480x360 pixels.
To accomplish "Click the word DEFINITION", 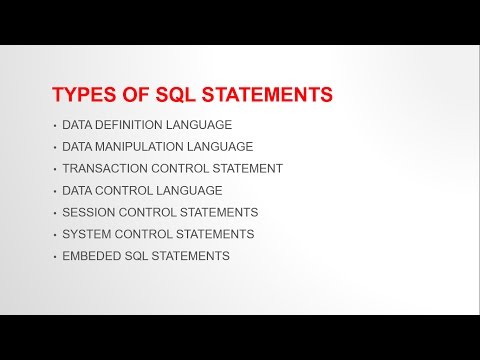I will click(129, 125).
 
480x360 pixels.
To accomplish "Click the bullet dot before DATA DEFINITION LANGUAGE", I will click(53, 126).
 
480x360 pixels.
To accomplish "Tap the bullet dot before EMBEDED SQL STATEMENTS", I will click(53, 257).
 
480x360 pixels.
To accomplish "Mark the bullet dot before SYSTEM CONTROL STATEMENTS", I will click(53, 235).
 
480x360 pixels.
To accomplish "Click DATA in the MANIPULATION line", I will click(77, 147).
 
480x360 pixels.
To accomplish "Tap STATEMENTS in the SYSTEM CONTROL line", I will click(212, 234).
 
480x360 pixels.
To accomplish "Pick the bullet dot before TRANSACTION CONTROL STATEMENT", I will click(53, 169).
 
